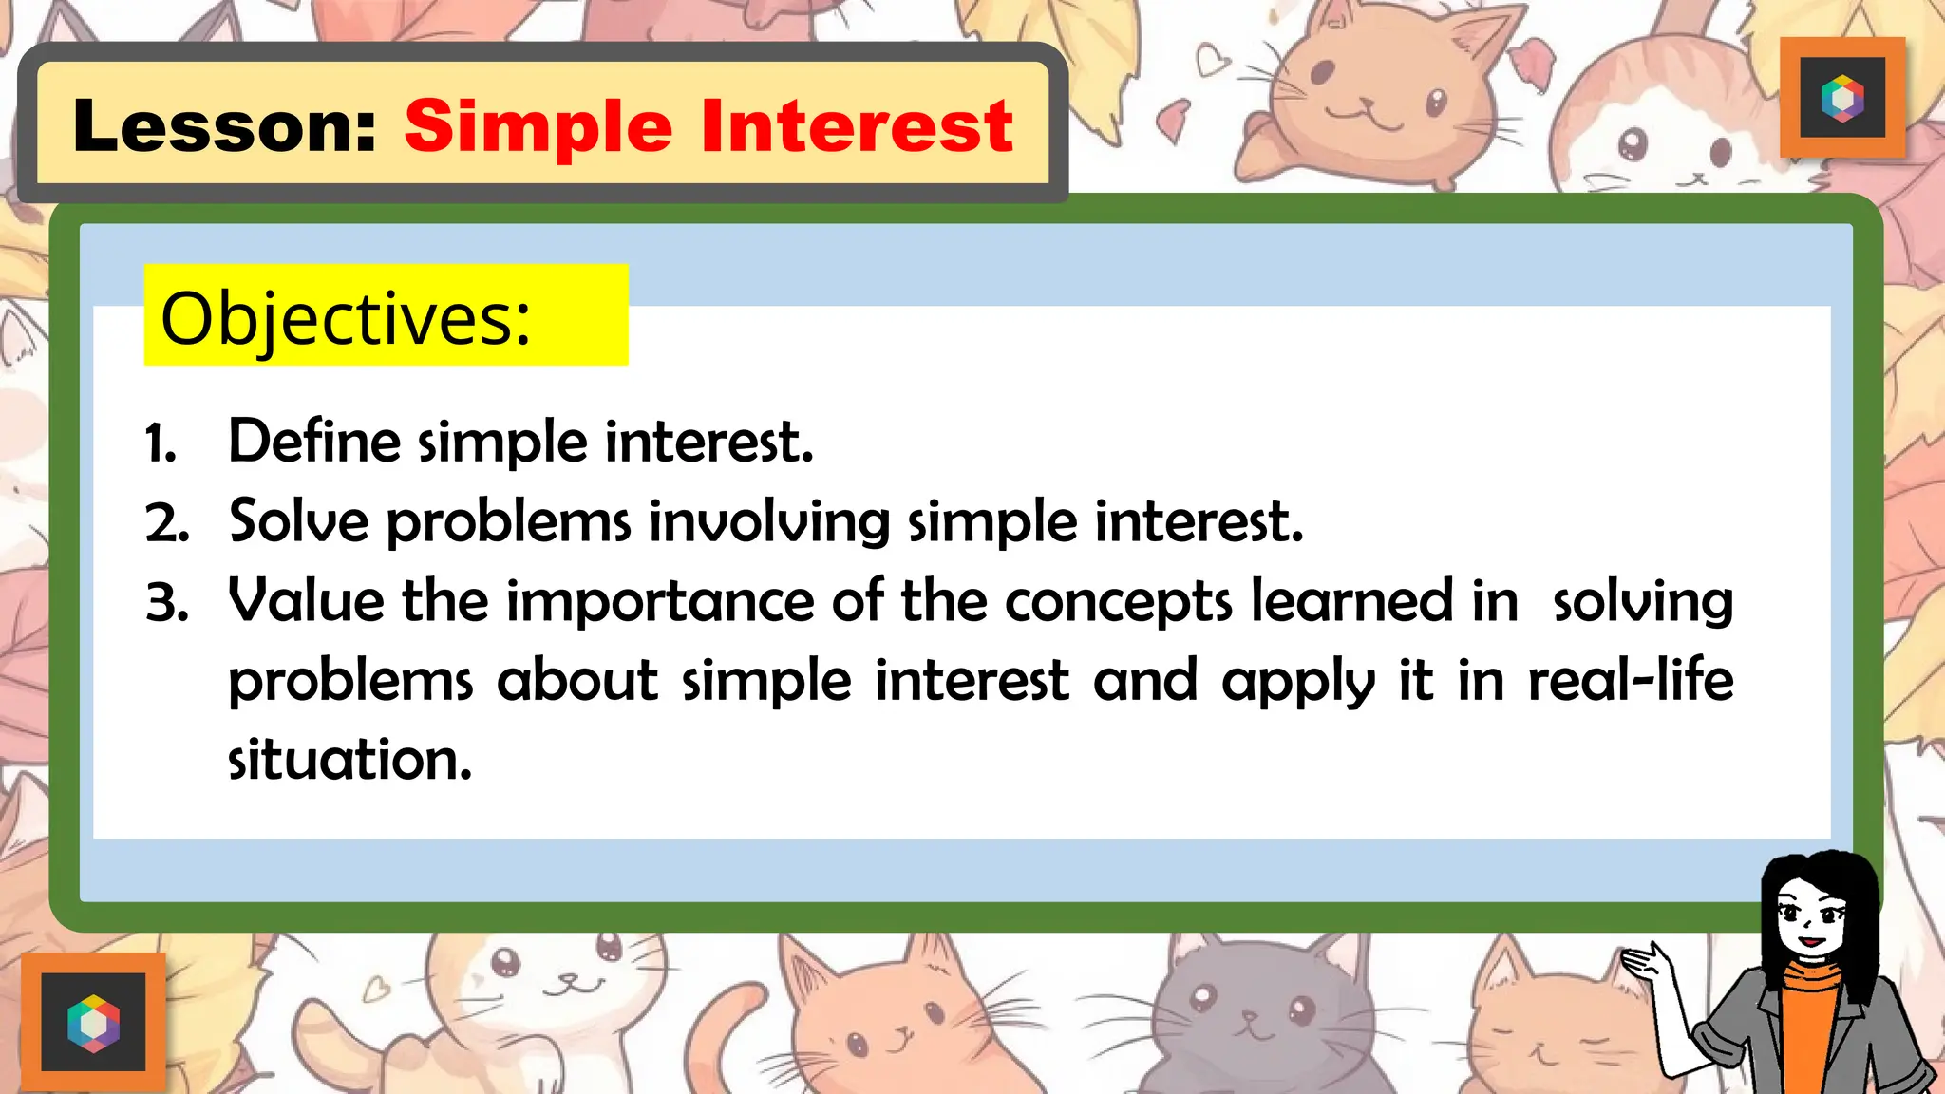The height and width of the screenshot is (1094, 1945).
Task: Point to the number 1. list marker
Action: [161, 443]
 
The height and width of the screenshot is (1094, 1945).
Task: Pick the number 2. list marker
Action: [167, 523]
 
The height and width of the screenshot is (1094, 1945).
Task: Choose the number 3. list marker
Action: [167, 603]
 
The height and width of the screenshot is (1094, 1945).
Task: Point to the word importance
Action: [660, 602]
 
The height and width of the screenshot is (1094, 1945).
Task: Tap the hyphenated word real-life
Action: [1630, 680]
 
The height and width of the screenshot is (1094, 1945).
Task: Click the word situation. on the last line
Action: [349, 760]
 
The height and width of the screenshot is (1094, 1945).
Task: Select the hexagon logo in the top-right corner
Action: [1842, 98]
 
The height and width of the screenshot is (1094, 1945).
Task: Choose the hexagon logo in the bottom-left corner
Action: [93, 1023]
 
